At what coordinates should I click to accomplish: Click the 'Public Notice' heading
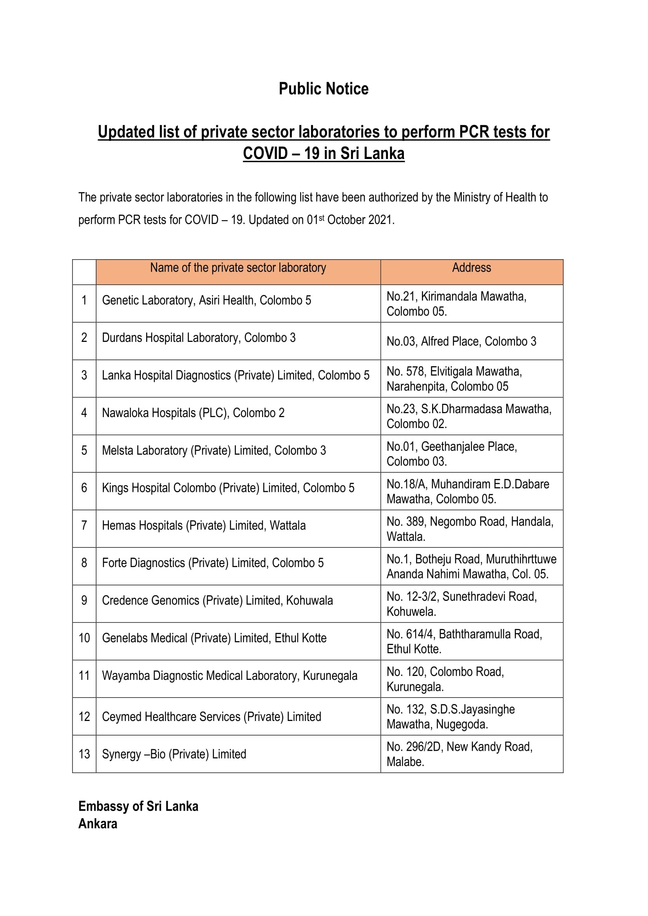coord(324,89)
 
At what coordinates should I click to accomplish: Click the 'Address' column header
coord(471,268)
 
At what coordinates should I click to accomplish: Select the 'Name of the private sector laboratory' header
coord(238,268)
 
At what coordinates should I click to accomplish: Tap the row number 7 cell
coord(84,525)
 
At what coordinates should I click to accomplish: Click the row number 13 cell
coord(84,754)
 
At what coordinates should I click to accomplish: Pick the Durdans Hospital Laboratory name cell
coord(199,338)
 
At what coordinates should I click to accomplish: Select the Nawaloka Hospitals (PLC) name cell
coord(193,412)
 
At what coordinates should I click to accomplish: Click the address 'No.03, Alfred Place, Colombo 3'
coord(461,341)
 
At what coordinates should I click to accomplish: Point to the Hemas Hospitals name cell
coord(203,525)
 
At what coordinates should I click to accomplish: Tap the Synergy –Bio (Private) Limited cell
coord(174,754)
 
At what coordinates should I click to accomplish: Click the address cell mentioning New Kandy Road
coord(459,754)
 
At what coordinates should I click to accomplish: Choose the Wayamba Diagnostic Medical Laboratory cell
coord(230,676)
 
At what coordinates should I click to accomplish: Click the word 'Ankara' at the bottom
coord(98,824)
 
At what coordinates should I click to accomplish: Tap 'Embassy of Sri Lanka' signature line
coord(138,806)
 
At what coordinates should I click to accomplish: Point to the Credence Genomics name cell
coord(217,600)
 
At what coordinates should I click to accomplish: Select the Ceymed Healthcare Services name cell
coord(212,717)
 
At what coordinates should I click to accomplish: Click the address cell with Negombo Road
coord(470,529)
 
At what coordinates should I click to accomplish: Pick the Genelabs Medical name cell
coord(214,638)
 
